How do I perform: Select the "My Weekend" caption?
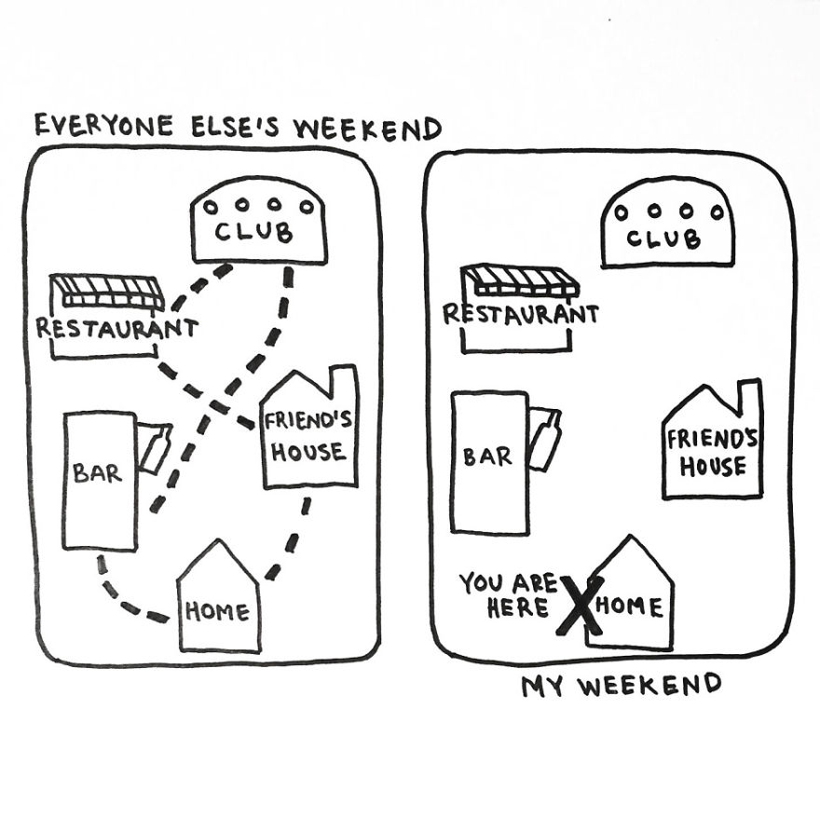click(x=621, y=687)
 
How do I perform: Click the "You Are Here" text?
click(x=507, y=595)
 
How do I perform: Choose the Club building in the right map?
click(x=667, y=225)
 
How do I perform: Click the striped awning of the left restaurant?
click(x=105, y=292)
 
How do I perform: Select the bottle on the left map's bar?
click(x=155, y=450)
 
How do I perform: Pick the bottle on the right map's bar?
click(x=546, y=439)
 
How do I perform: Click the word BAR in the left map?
click(x=98, y=472)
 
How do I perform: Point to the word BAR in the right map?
click(x=487, y=457)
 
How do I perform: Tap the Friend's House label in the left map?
click(x=308, y=436)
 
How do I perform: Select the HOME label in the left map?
click(x=217, y=612)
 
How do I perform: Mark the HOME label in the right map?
click(x=631, y=607)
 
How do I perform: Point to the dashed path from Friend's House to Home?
click(x=293, y=540)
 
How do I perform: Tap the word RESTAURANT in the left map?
click(x=116, y=328)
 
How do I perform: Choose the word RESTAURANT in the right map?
click(x=520, y=314)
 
